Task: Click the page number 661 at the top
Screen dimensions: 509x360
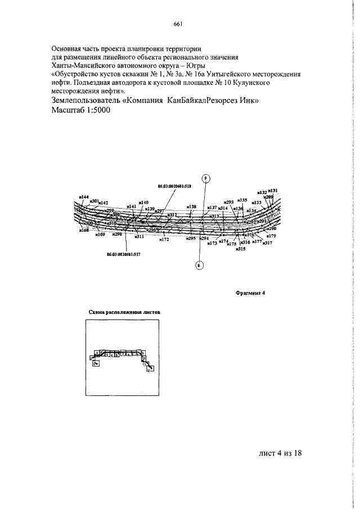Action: coord(179,24)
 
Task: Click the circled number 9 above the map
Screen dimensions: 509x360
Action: coord(206,178)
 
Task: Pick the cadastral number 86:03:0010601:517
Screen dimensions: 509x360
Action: coord(124,254)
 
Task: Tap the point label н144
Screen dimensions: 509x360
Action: coord(84,197)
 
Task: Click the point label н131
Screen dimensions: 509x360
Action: coord(273,191)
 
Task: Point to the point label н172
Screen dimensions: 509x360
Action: coord(164,240)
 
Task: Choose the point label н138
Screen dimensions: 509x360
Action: coord(192,207)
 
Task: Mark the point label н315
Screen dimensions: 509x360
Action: coord(241,247)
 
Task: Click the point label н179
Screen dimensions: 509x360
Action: coord(272,236)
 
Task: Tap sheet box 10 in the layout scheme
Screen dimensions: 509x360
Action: coord(143,358)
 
